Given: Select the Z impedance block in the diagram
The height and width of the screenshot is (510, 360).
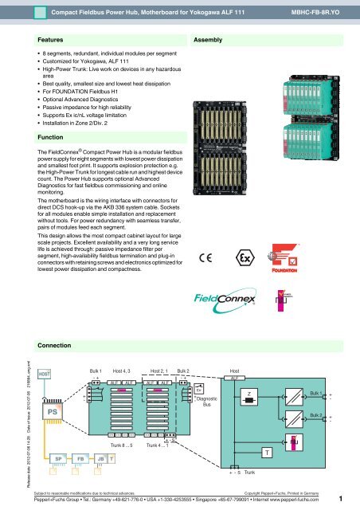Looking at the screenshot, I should [x=252, y=397].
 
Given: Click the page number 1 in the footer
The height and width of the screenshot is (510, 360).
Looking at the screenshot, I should [x=340, y=500].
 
